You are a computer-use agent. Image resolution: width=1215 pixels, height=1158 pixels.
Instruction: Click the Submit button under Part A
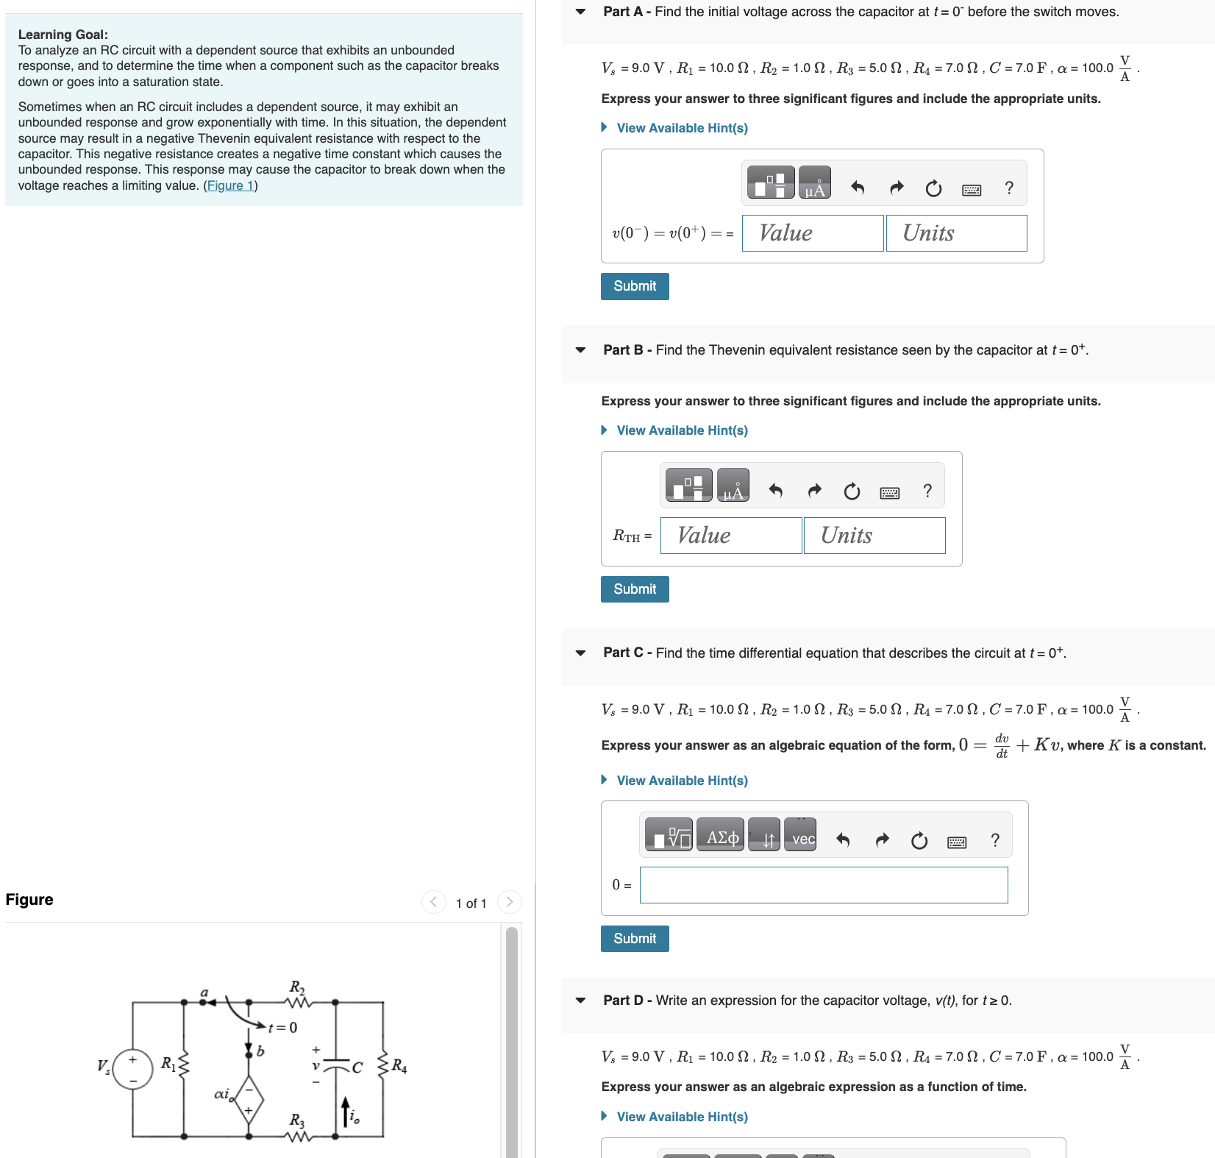pos(634,286)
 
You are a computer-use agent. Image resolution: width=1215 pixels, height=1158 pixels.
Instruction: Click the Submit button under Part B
pos(634,589)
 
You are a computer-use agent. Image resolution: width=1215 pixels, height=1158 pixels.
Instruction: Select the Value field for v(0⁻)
pos(812,233)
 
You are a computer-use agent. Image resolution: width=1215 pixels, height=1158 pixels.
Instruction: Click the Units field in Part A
pos(956,233)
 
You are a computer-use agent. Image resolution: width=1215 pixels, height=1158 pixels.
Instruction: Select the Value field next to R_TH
pos(730,536)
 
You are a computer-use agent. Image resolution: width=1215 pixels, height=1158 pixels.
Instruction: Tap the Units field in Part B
pos(874,536)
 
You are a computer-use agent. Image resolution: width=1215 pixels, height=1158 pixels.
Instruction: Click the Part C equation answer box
pos(823,885)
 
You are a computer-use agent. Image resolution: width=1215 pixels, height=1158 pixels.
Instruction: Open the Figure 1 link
pos(229,185)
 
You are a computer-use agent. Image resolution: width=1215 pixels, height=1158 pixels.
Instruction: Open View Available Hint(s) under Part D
pos(682,1117)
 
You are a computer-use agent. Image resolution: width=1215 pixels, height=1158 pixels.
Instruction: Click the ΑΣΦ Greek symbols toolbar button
pos(721,838)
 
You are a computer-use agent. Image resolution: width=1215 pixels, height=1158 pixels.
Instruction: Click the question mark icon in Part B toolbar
pos(927,491)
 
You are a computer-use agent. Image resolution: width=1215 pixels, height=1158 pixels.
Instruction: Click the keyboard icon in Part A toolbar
pos(971,190)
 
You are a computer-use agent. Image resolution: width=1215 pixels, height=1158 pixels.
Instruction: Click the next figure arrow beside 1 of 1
pos(509,902)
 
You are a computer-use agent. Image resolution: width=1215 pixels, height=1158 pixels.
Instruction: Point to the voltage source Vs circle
pos(133,1070)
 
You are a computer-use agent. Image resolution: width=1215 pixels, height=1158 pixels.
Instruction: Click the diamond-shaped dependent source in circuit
pos(249,1099)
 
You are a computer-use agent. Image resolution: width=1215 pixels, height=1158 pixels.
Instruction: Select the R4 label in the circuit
pos(399,1065)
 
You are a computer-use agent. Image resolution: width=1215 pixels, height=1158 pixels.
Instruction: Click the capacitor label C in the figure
pos(357,1068)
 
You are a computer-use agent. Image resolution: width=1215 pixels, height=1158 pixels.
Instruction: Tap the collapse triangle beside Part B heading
pos(580,350)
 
